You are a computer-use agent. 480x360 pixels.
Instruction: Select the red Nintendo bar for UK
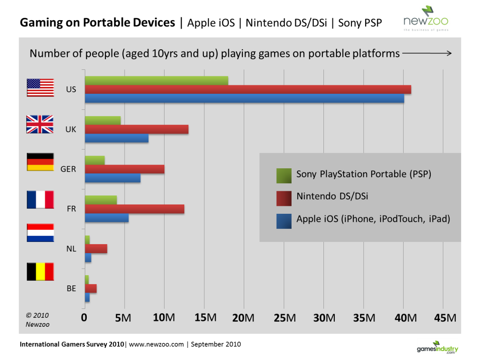coord(136,129)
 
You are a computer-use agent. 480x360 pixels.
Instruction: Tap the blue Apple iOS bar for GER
coord(112,178)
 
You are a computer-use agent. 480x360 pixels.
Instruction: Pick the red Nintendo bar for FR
coord(135,209)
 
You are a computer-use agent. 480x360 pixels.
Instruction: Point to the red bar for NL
coord(96,249)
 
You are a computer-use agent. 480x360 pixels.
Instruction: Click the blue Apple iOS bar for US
coord(244,98)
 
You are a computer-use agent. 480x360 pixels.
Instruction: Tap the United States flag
coord(40,88)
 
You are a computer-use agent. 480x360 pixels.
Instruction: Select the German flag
coord(40,162)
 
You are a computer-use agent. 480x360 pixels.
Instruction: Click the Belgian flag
coord(40,271)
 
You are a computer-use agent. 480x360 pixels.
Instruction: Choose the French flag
coord(40,199)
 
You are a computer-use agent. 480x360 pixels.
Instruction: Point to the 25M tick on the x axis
coord(284,318)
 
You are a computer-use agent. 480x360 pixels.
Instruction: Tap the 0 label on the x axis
coord(84,318)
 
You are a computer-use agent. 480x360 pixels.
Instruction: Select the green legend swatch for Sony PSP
coord(284,175)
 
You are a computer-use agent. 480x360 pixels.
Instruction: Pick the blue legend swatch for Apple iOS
coord(284,221)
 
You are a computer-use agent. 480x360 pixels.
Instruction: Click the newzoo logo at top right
coord(426,19)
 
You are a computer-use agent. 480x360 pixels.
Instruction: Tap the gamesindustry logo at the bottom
coord(437,347)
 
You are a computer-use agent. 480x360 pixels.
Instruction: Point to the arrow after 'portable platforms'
coord(427,53)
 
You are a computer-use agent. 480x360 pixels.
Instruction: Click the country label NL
coord(71,249)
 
